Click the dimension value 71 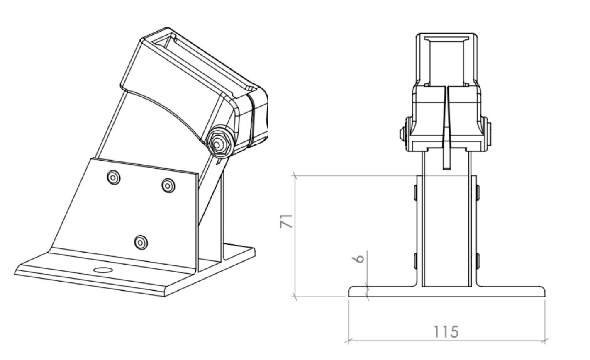tap(286, 221)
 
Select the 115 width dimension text tap(446, 332)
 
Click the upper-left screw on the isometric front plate tap(114, 177)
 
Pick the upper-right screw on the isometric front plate tap(168, 185)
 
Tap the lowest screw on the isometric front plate tap(141, 242)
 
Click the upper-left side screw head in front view tap(415, 192)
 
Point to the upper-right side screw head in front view tap(478, 192)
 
